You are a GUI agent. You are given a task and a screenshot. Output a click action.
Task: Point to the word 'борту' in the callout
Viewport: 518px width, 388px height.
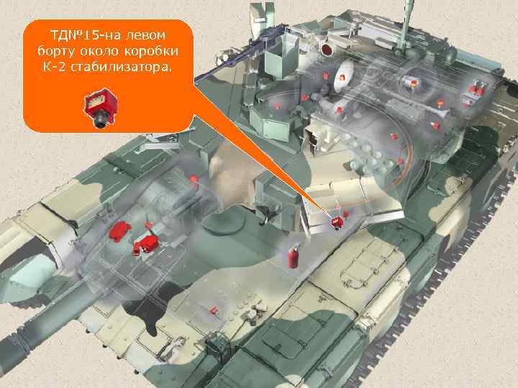tap(55, 51)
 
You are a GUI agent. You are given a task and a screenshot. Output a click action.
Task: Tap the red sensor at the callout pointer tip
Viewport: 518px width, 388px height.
tap(335, 222)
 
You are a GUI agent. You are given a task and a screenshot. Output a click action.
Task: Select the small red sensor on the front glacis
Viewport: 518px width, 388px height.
tap(213, 310)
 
